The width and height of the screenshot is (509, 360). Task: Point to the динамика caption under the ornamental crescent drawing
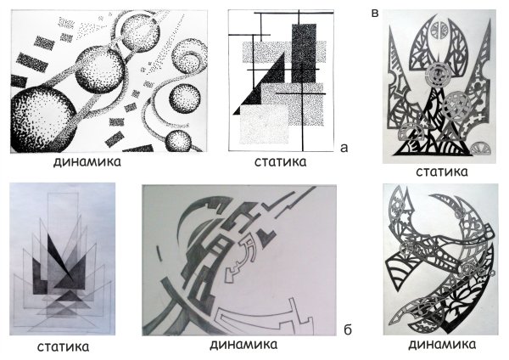click(440, 345)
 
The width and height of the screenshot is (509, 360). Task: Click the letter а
click(344, 147)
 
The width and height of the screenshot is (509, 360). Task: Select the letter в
click(375, 12)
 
